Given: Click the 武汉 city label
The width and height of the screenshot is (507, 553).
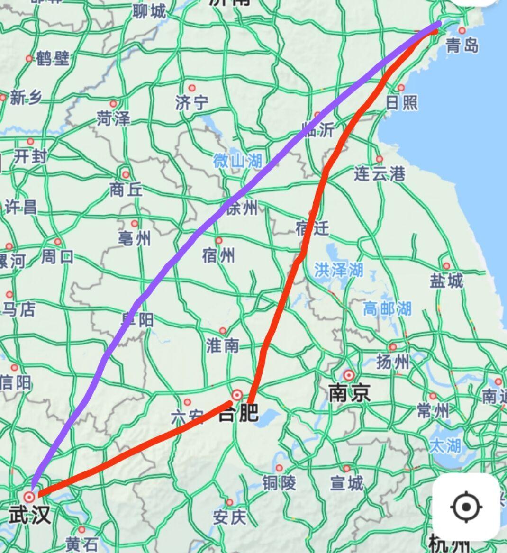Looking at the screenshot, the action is [x=29, y=515].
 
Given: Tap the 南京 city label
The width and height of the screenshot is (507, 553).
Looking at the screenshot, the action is [x=350, y=393].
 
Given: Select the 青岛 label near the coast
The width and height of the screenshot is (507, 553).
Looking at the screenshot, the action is [x=462, y=45].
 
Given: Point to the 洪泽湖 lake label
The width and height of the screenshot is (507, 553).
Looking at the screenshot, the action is [x=338, y=270].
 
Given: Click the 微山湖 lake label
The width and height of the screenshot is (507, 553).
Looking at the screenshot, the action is [x=237, y=161].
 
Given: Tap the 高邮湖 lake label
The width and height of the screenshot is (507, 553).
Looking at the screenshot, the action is [x=387, y=309].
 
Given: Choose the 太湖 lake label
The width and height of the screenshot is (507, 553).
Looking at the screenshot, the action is [x=445, y=445].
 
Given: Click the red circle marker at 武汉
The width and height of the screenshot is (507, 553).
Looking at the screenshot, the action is [x=29, y=496].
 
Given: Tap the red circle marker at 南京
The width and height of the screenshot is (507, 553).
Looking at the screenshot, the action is [x=349, y=375].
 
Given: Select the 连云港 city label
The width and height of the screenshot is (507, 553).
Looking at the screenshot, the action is [x=379, y=174].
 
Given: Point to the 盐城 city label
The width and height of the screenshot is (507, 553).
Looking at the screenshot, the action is [x=446, y=281].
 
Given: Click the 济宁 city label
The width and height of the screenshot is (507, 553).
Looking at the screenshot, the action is [x=191, y=102].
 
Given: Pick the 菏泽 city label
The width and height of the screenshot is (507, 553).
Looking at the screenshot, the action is [x=113, y=118].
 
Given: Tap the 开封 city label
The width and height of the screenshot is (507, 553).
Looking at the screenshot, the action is [x=30, y=156].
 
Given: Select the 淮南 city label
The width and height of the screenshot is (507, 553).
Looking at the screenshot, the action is [x=222, y=345].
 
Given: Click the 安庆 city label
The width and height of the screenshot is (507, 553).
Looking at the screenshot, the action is [x=229, y=517].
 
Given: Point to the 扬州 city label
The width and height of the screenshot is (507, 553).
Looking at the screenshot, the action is [x=393, y=363].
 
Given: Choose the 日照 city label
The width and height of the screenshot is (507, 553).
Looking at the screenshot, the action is [x=401, y=102].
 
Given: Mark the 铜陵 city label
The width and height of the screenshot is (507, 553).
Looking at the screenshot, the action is [x=279, y=483].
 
